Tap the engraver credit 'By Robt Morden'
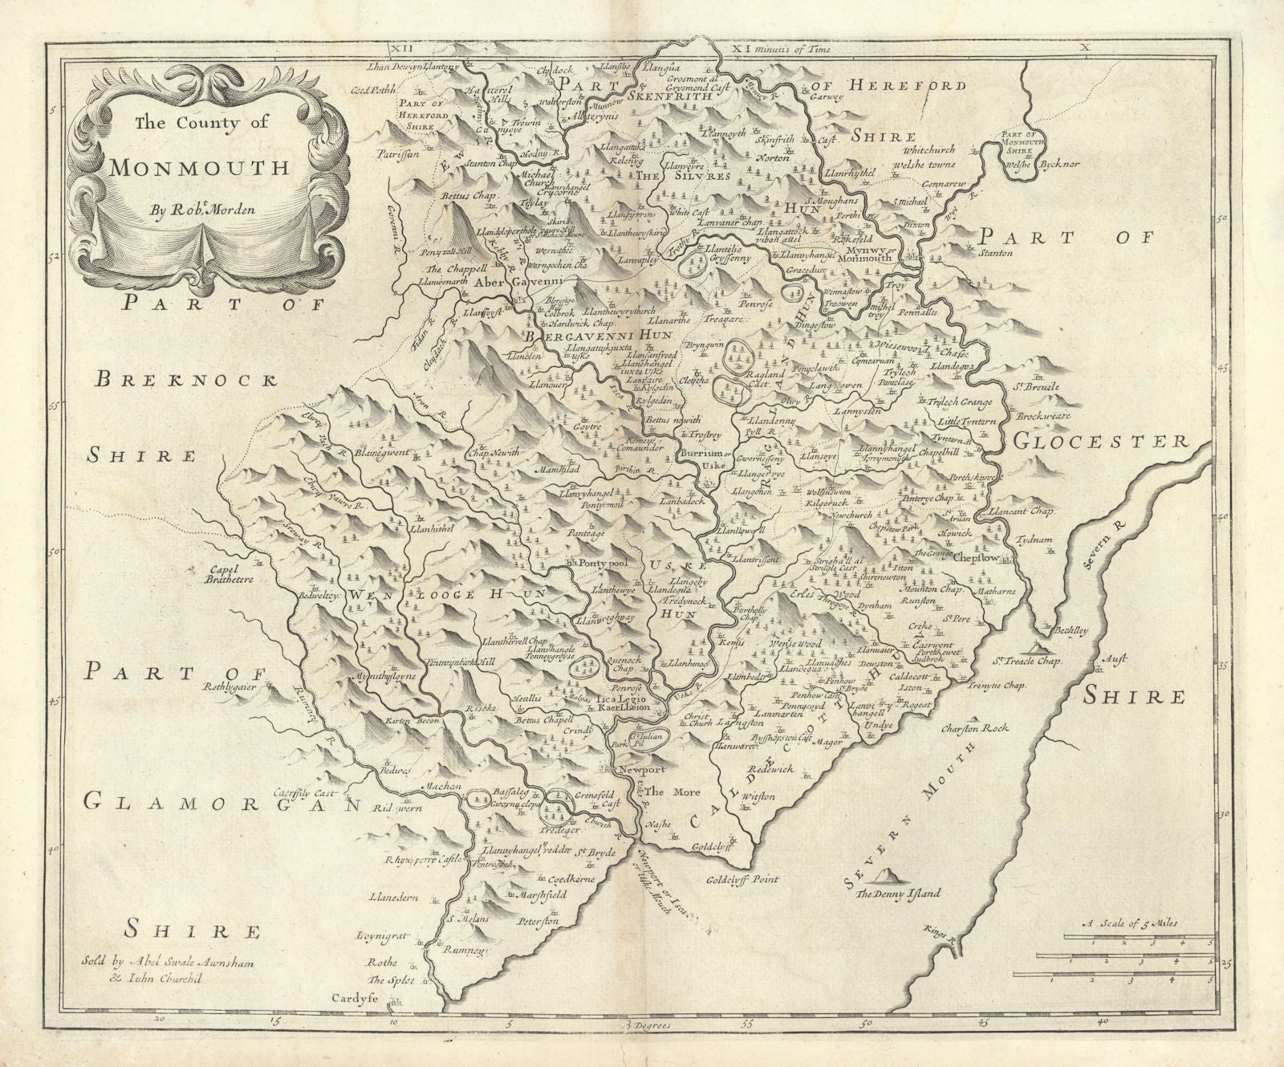[201, 211]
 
